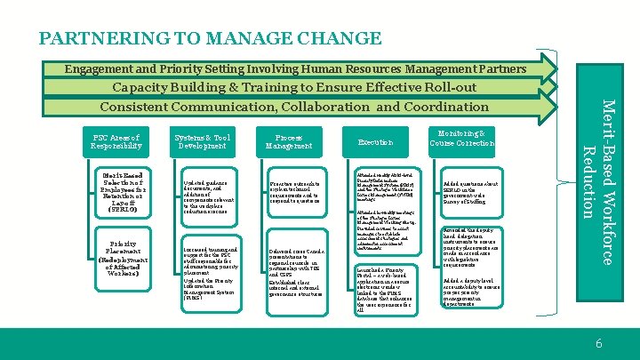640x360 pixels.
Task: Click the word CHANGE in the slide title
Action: click(340, 38)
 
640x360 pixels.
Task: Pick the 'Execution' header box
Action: click(373, 141)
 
